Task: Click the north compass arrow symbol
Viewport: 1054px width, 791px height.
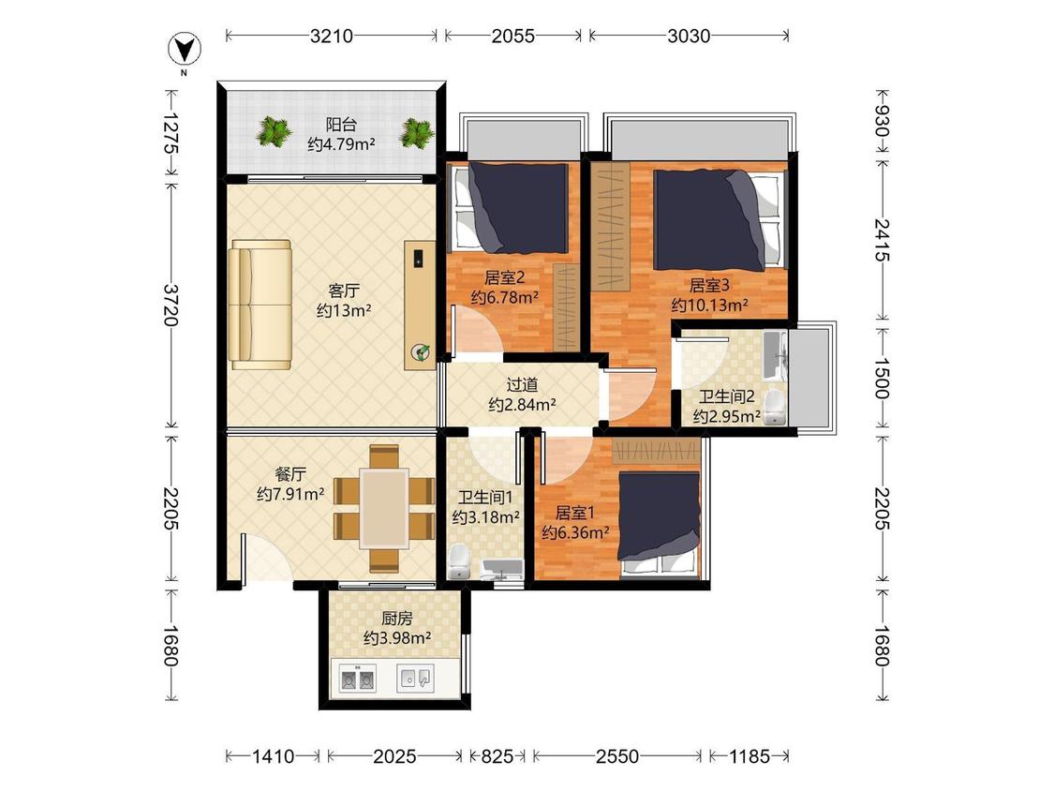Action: (x=185, y=49)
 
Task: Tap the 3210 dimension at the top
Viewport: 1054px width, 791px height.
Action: (x=332, y=36)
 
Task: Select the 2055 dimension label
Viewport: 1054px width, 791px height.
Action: (x=512, y=36)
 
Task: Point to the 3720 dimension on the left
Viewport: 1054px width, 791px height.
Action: (x=171, y=305)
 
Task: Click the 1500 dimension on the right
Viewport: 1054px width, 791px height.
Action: (x=882, y=379)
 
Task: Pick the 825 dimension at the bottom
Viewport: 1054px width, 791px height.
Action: (x=497, y=756)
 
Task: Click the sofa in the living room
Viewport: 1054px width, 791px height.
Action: (x=260, y=305)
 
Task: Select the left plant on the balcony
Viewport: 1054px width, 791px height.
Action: (x=273, y=131)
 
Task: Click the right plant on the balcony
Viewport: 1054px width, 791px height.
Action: (x=417, y=132)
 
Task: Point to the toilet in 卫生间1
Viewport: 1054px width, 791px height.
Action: (x=459, y=561)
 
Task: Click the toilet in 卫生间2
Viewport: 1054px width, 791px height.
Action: (x=775, y=407)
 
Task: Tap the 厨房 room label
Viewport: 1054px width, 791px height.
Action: (x=396, y=618)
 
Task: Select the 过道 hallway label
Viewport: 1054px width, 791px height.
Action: (x=522, y=385)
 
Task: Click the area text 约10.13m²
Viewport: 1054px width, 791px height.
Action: (x=710, y=306)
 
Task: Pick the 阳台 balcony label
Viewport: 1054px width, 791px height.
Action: (x=341, y=125)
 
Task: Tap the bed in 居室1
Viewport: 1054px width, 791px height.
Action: (x=660, y=524)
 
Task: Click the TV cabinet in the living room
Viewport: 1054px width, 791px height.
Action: (x=420, y=305)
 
